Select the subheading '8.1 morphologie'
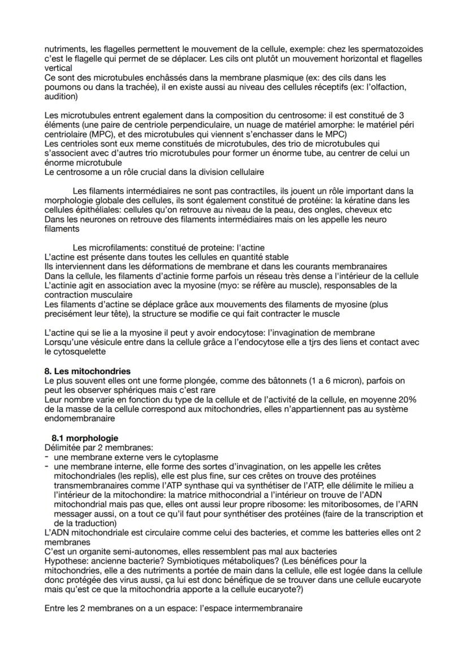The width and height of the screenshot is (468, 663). pos(85,438)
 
